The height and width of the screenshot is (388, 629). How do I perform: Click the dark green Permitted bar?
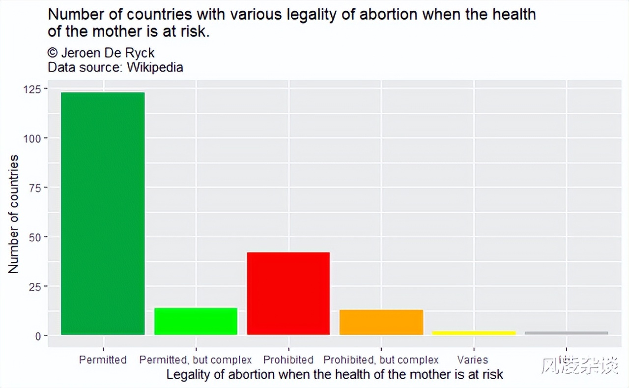(103, 214)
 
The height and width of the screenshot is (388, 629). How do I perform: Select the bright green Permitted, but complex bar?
(196, 322)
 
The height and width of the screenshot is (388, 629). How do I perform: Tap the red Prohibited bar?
(288, 294)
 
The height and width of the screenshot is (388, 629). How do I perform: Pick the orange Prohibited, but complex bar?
(381, 322)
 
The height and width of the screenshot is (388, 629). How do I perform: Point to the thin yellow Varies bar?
(474, 333)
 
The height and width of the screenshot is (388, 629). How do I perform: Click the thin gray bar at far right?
(566, 333)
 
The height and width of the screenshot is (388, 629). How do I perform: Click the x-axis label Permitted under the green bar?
(103, 360)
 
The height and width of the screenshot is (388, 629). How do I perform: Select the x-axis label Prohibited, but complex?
(381, 360)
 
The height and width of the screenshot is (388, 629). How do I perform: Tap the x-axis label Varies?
(473, 360)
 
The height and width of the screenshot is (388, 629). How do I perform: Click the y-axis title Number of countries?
(13, 214)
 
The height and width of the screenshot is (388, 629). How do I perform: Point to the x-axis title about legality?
(335, 375)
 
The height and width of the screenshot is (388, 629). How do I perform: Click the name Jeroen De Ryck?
(108, 53)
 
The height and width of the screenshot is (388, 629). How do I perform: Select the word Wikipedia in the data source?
(155, 67)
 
